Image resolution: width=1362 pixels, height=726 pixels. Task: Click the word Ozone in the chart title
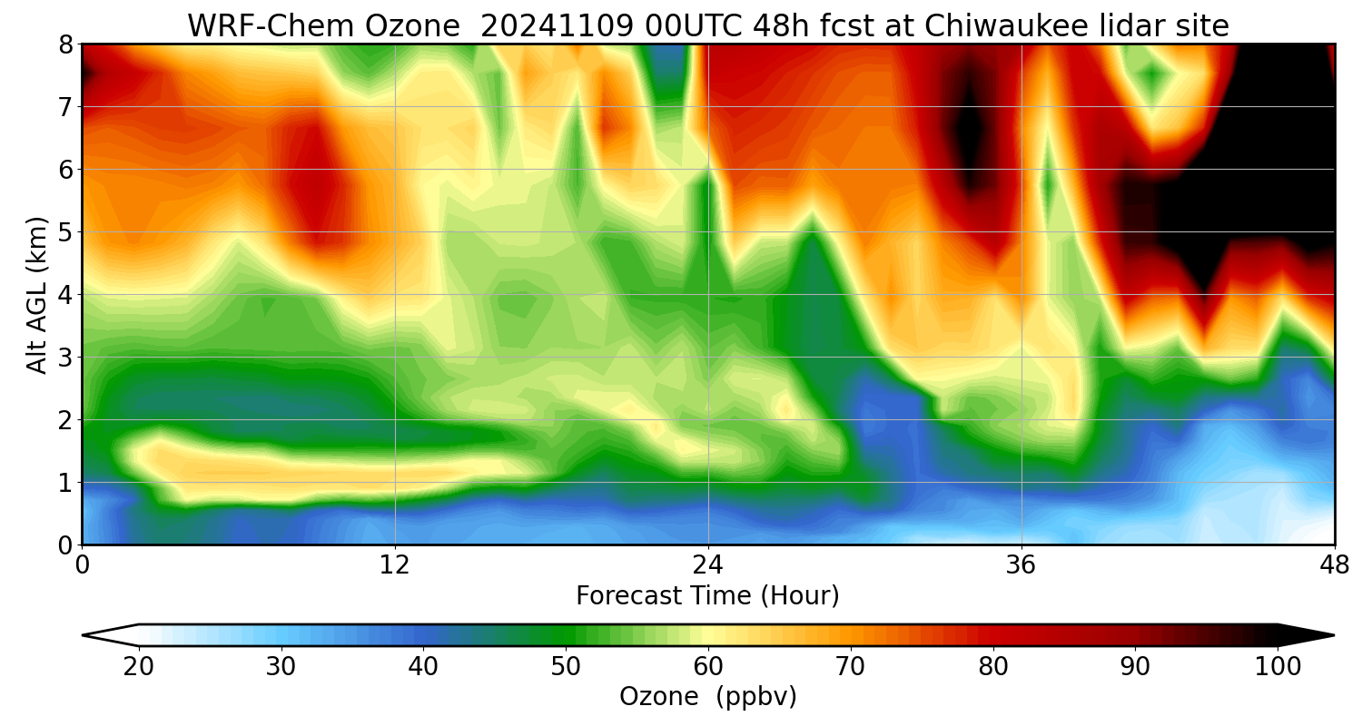pos(414,26)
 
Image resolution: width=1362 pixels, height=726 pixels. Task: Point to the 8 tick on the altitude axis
pos(66,44)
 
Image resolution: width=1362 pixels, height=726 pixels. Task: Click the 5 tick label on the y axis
pos(66,231)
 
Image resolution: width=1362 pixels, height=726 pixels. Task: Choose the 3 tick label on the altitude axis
pos(66,357)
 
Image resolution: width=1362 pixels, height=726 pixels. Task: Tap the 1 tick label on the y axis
pos(66,482)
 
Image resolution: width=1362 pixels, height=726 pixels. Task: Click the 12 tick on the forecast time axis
pos(395,564)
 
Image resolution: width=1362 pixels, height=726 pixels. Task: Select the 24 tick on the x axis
pos(708,564)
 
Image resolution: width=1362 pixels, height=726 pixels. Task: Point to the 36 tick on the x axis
pos(1021,564)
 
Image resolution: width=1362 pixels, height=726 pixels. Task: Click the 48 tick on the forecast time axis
pos(1334,564)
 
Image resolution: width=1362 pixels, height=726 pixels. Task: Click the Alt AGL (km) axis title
pos(36,294)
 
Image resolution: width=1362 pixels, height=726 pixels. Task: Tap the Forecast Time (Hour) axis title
pos(707,596)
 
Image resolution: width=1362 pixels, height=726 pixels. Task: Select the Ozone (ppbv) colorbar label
pos(707,697)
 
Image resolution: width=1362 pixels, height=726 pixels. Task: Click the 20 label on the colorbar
pos(139,667)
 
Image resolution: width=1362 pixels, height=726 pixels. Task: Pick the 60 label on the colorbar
pos(708,667)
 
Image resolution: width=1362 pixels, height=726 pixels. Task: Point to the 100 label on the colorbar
pos(1278,667)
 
